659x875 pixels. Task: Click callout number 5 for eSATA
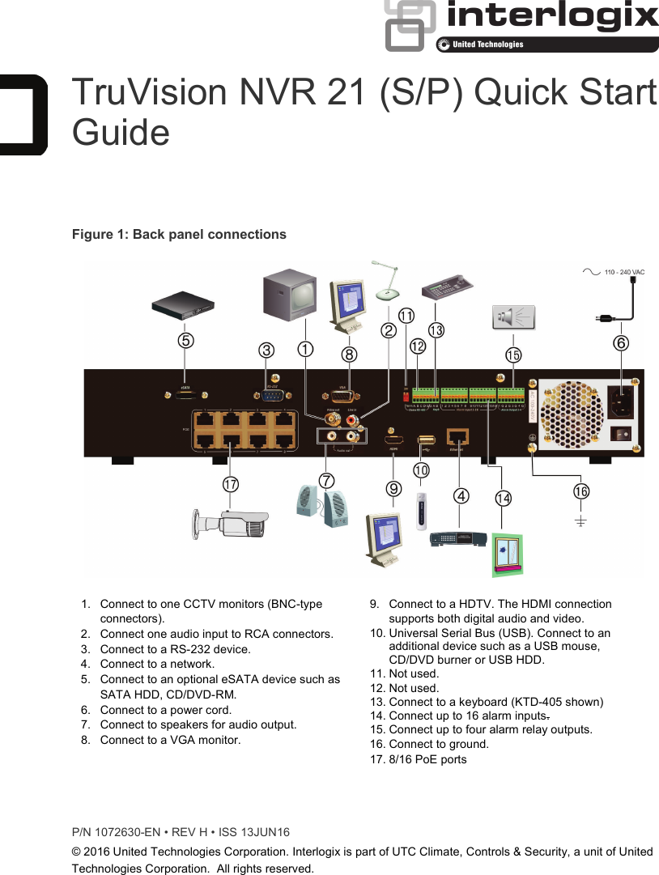pyautogui.click(x=185, y=341)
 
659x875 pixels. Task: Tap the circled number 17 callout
pyautogui.click(x=231, y=484)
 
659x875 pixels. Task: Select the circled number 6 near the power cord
pyautogui.click(x=620, y=342)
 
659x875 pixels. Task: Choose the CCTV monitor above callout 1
pyautogui.click(x=289, y=295)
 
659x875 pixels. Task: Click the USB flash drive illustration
pyautogui.click(x=420, y=512)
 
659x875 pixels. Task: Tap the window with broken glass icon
pyautogui.click(x=508, y=554)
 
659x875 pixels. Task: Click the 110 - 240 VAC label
pyautogui.click(x=624, y=272)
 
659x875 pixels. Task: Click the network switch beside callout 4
pyautogui.click(x=457, y=538)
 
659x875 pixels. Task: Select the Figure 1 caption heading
pyautogui.click(x=179, y=235)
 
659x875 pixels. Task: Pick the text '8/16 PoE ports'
pyautogui.click(x=427, y=759)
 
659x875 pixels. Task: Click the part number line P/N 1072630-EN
pyautogui.click(x=181, y=832)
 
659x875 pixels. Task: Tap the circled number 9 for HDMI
pyautogui.click(x=393, y=488)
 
